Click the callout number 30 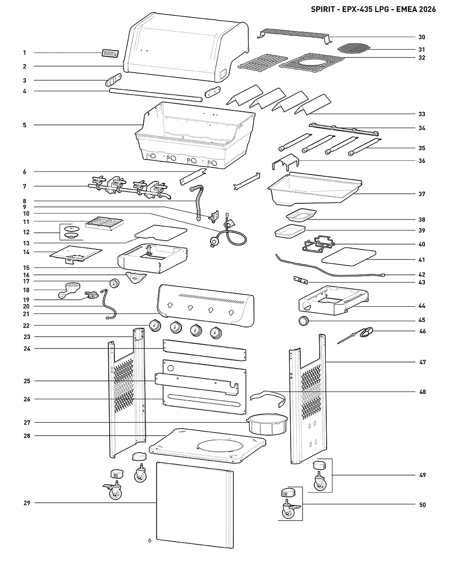pos(422,37)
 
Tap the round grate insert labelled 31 pos(353,48)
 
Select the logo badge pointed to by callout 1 pos(110,53)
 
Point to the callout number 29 pos(27,503)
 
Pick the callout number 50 pos(422,505)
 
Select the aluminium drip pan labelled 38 pos(301,215)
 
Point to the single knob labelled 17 pos(114,283)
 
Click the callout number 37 pos(422,194)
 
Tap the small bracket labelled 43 pos(301,280)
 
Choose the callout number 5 pos(25,125)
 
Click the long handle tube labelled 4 pos(156,95)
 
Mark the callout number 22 pos(26,326)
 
